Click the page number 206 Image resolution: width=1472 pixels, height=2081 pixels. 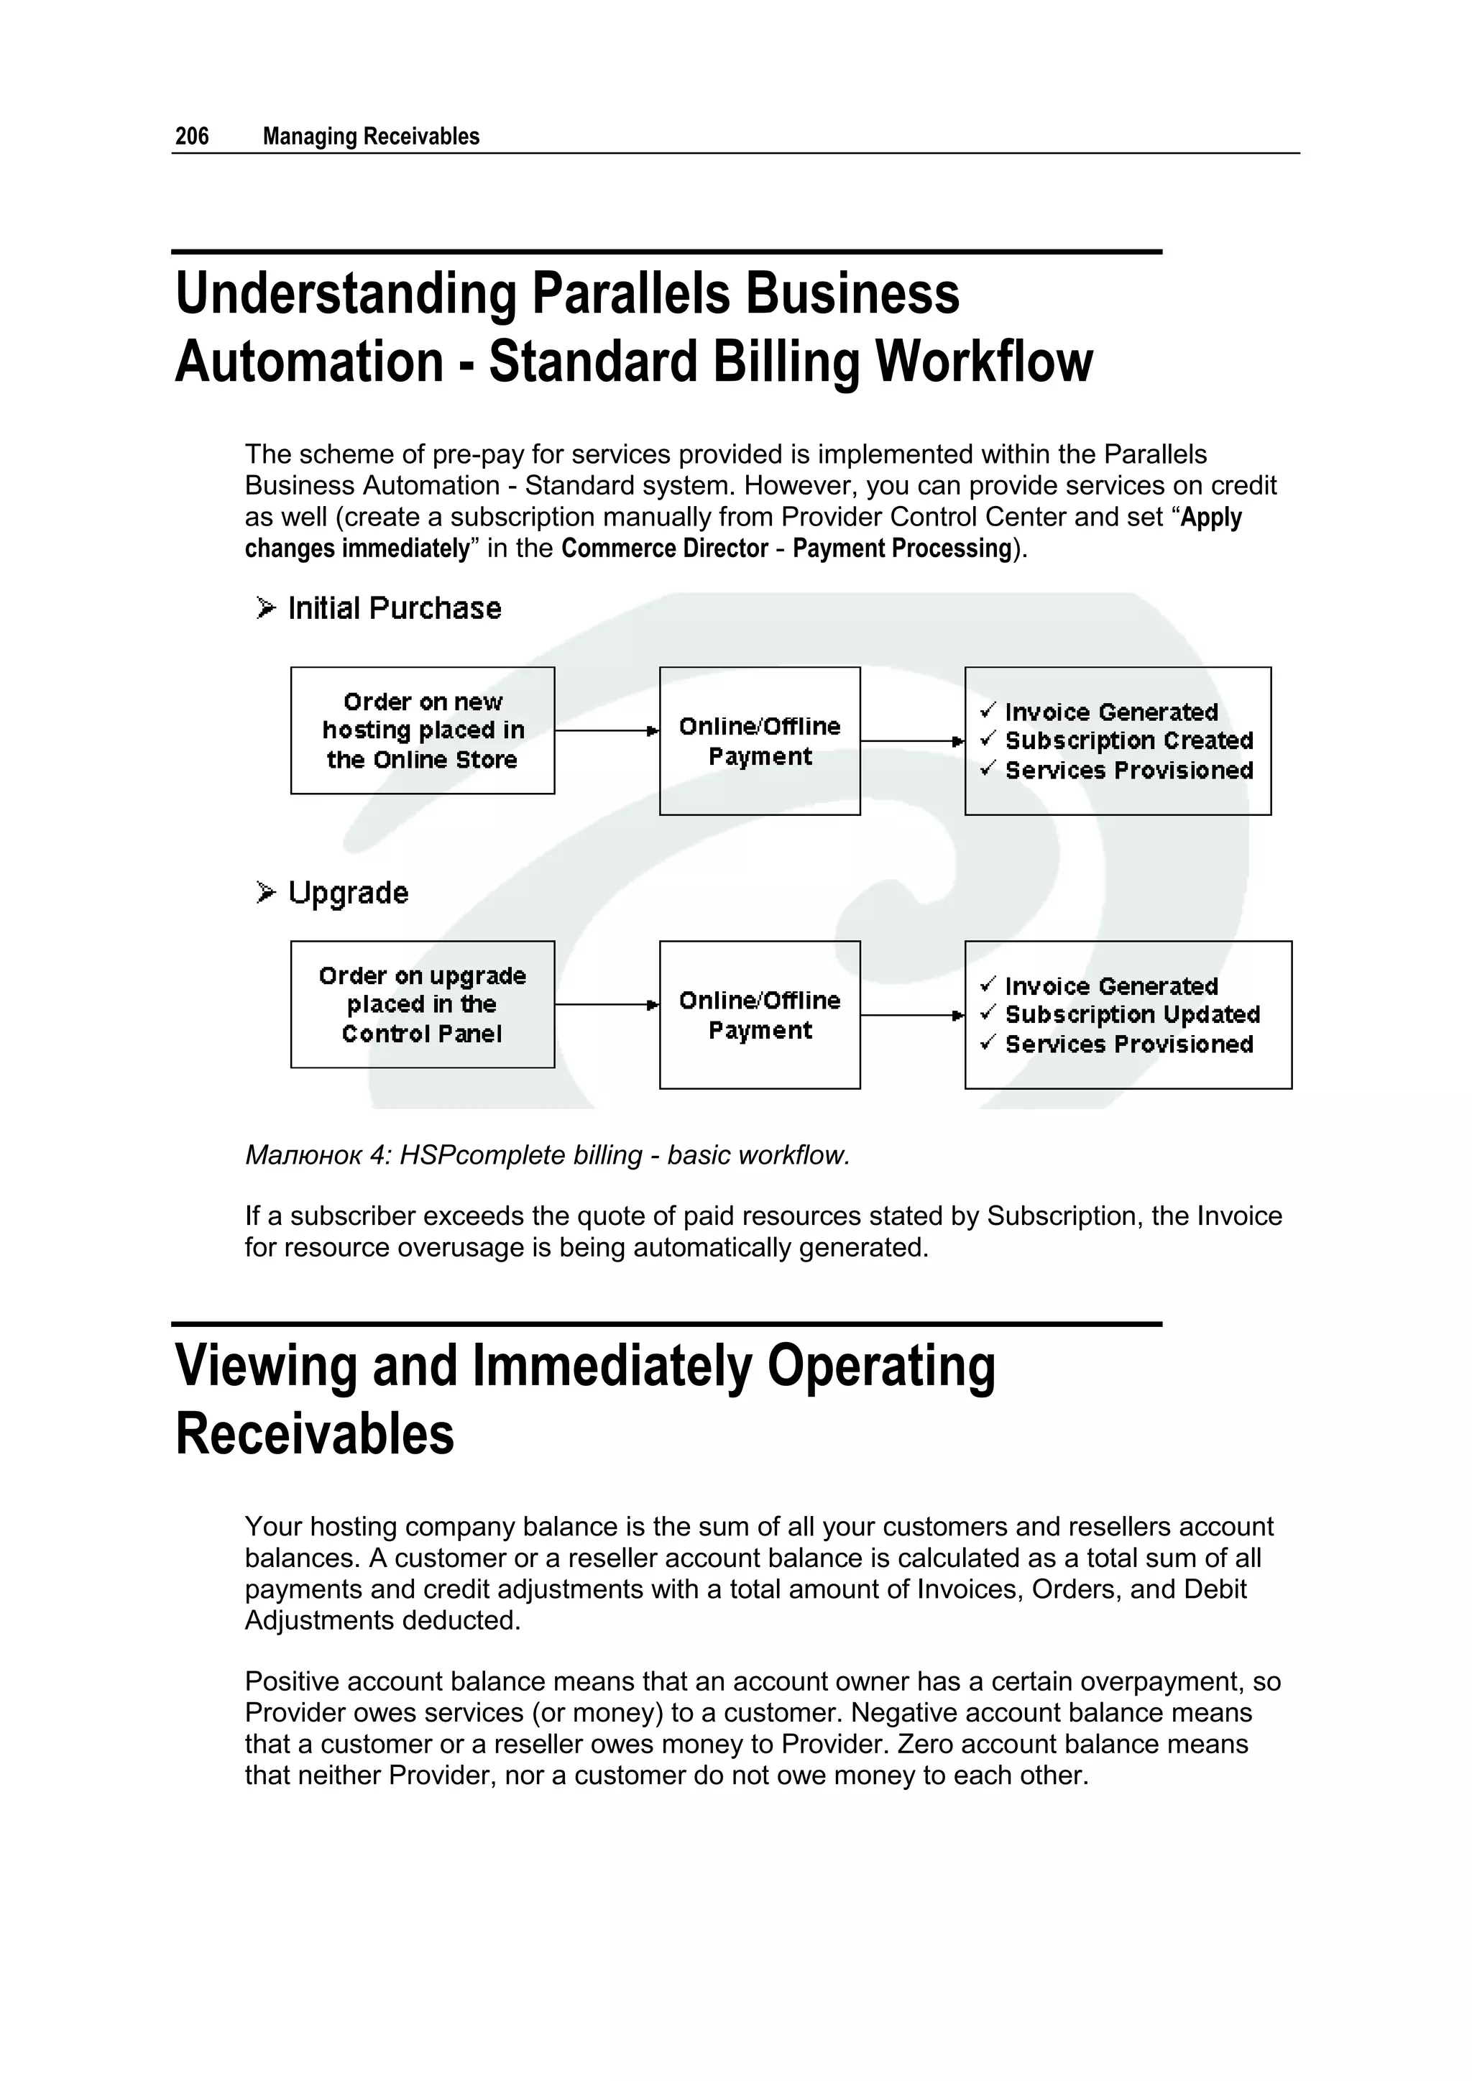point(191,136)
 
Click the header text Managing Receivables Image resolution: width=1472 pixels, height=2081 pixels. point(371,136)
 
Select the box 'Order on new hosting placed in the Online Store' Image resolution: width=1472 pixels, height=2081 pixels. point(423,730)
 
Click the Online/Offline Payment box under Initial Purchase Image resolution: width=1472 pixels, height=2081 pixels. point(760,740)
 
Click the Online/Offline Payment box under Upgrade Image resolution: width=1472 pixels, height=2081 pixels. point(760,1014)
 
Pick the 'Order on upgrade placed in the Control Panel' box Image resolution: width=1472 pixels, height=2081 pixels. point(423,1004)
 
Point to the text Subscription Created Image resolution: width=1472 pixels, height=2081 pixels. point(1128,740)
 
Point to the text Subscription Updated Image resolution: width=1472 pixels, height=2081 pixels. point(1132,1014)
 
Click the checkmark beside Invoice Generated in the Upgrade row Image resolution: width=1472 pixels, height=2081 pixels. point(988,983)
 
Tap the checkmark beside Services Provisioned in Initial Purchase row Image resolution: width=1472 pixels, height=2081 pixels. point(988,768)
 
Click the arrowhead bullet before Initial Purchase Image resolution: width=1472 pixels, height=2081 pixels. point(264,607)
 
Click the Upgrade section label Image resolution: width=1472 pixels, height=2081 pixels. point(348,893)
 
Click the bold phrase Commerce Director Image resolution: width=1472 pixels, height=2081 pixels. point(664,548)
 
